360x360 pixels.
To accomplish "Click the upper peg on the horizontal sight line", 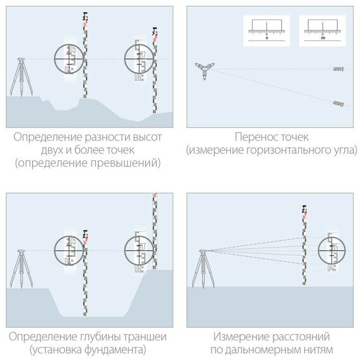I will [339, 68].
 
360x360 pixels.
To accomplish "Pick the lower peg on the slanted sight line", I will [338, 102].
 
